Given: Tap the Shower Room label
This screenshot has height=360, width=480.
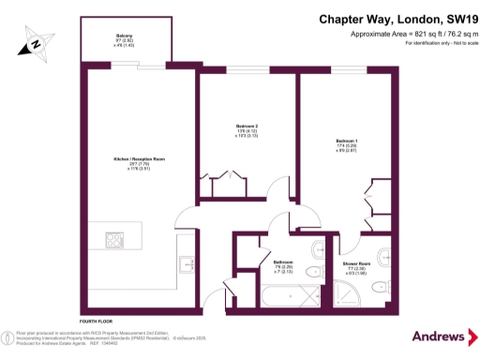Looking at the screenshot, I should coord(354,266).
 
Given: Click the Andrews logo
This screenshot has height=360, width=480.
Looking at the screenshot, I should coord(434,337).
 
